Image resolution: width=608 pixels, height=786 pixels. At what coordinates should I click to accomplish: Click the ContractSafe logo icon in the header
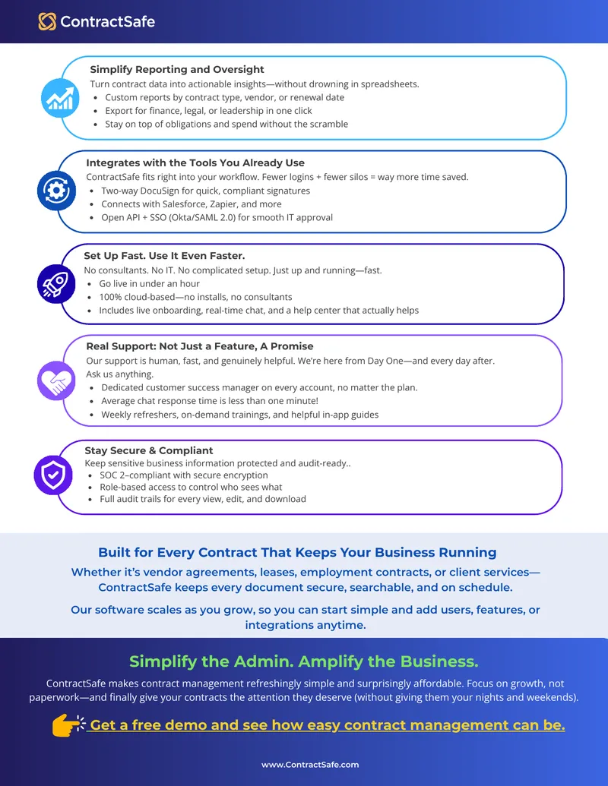pyautogui.click(x=47, y=21)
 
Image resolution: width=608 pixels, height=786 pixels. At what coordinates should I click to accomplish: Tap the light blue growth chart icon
pyautogui.click(x=60, y=98)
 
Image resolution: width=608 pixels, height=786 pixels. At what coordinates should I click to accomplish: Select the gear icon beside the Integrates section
pyautogui.click(x=57, y=191)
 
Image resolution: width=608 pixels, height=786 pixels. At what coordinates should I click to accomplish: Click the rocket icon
pyautogui.click(x=56, y=284)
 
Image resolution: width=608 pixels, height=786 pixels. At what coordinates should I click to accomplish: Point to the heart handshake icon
pyautogui.click(x=56, y=381)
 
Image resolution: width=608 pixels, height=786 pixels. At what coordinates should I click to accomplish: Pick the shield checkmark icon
pyautogui.click(x=53, y=475)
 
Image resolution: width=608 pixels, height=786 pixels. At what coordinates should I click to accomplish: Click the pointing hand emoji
pyautogui.click(x=68, y=724)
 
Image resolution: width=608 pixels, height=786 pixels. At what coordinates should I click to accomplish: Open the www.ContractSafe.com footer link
pyautogui.click(x=310, y=765)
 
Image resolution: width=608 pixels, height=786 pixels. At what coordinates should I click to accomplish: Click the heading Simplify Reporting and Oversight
pyautogui.click(x=177, y=70)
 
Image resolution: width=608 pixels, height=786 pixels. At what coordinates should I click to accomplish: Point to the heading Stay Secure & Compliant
pyautogui.click(x=149, y=450)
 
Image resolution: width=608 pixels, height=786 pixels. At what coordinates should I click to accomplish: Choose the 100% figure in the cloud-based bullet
pyautogui.click(x=109, y=297)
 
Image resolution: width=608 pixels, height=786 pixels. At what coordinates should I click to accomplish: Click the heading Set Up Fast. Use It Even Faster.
pyautogui.click(x=165, y=256)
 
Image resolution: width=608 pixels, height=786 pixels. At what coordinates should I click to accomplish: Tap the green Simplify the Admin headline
pyautogui.click(x=304, y=661)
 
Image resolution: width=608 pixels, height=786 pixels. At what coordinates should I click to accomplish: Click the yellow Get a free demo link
pyautogui.click(x=328, y=725)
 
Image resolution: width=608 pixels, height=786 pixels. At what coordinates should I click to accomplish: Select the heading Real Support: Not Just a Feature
pyautogui.click(x=200, y=346)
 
